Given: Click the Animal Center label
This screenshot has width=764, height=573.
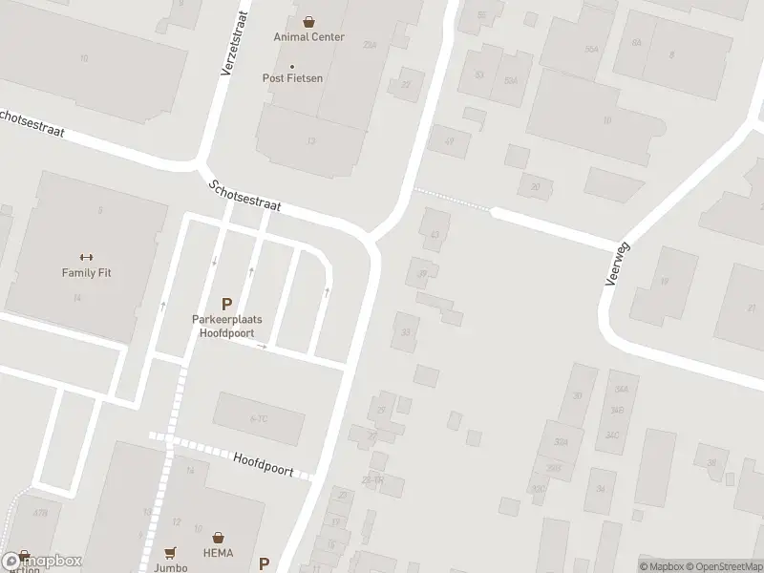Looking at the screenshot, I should (308, 37).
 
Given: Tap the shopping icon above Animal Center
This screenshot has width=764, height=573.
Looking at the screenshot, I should (308, 20).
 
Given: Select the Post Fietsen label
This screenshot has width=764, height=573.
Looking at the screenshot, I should (292, 78).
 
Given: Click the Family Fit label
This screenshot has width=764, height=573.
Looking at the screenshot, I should (86, 272).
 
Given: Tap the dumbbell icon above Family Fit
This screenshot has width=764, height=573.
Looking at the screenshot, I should (86, 256).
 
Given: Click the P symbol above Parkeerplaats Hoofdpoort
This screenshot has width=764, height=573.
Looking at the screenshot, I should (226, 303).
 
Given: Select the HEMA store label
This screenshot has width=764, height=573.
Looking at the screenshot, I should (220, 553).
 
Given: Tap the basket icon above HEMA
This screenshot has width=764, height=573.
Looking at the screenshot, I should (220, 538).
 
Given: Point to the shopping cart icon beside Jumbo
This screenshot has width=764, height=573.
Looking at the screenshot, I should (171, 552).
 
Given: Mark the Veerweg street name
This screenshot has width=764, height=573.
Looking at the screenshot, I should (615, 263).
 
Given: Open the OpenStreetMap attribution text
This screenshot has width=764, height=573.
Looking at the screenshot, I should (721, 566).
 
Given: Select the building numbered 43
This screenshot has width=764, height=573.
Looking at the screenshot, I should (436, 234).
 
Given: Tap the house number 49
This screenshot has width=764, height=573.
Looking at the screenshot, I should (449, 142).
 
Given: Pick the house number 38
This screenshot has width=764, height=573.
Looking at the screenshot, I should (711, 462).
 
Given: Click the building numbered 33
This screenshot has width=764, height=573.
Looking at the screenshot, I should (406, 331).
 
